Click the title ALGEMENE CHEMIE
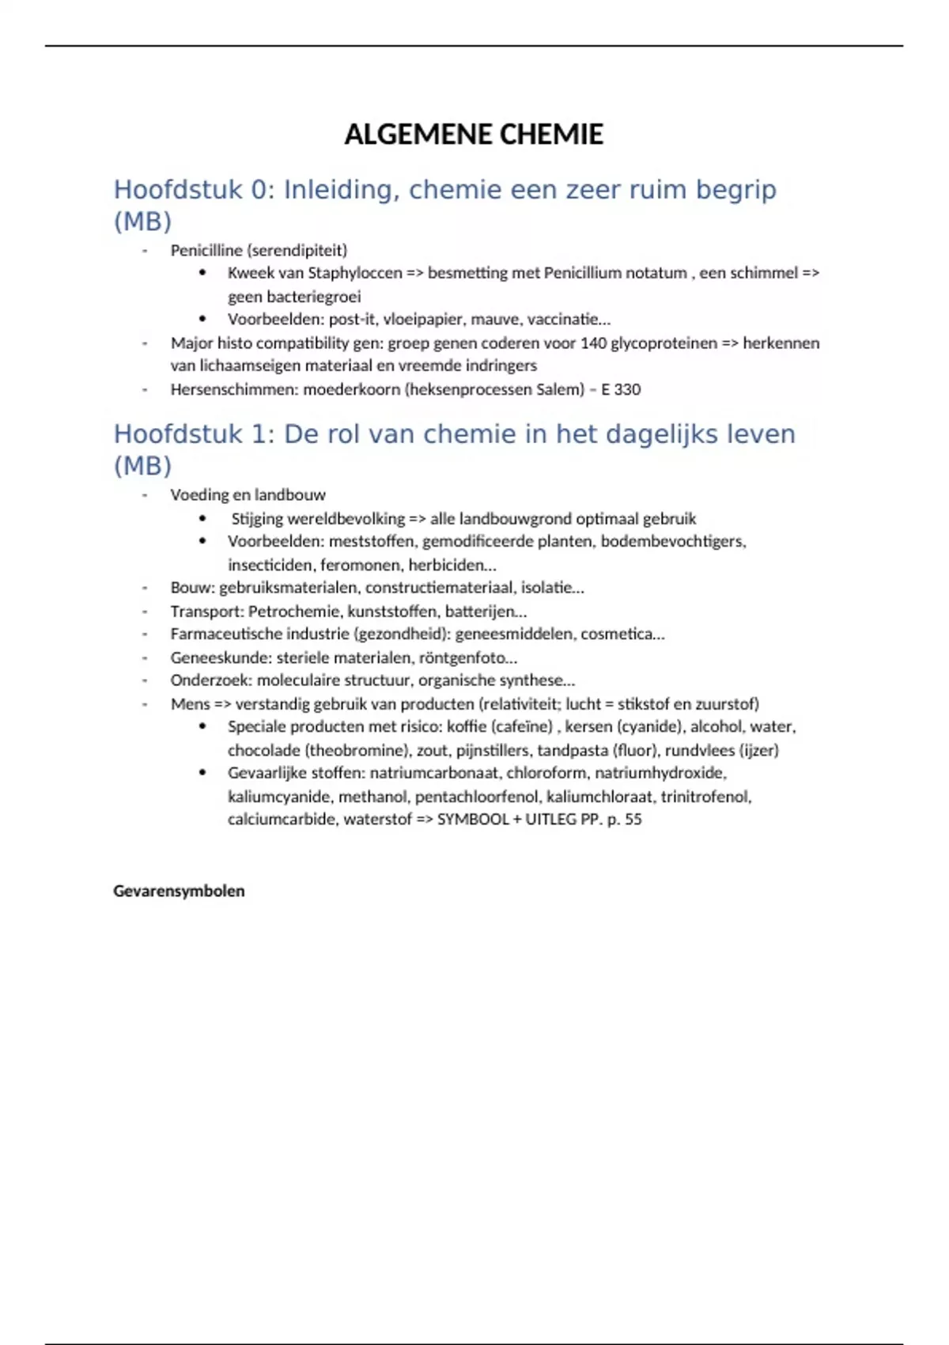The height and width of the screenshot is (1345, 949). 474,134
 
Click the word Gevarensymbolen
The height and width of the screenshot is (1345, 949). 179,891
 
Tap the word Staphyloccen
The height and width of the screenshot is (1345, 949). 354,273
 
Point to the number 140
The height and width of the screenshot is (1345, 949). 594,343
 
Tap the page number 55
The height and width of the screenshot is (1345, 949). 633,820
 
